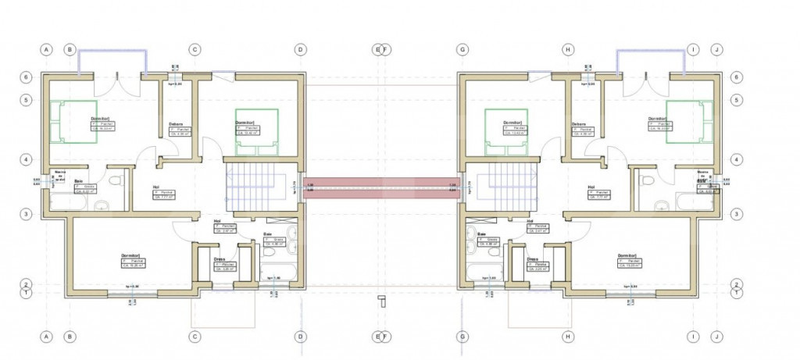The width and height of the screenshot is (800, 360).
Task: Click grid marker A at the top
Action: (x=46, y=49)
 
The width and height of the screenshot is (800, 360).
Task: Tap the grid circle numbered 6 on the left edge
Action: (x=26, y=78)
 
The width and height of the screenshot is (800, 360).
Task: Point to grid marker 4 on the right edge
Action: (x=737, y=159)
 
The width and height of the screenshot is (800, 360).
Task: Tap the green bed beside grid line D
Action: (x=257, y=129)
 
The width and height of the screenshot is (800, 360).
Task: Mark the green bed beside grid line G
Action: (x=507, y=129)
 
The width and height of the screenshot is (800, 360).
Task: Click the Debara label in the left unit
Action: (x=176, y=123)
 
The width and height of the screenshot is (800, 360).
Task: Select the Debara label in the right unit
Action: (x=579, y=123)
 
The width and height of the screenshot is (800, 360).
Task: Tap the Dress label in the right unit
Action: (x=532, y=258)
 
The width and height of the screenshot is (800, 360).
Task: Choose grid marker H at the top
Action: (x=568, y=49)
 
